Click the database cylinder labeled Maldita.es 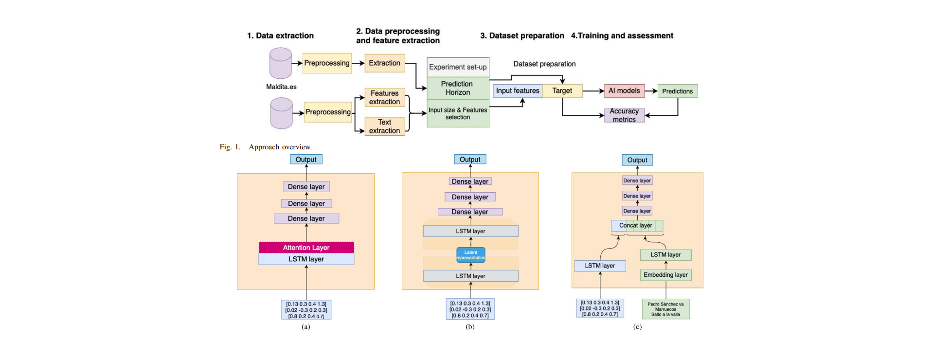(281, 63)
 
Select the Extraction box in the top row (384, 63)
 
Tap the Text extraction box (384, 126)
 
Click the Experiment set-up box (458, 67)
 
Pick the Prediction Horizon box (458, 88)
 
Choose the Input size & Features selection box (458, 113)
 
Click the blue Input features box (518, 91)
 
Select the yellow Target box (562, 91)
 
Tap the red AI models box (624, 91)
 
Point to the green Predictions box (678, 91)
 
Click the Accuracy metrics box (624, 115)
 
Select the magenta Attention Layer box (306, 248)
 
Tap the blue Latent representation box (470, 255)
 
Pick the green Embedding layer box (665, 275)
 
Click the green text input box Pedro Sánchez (665, 309)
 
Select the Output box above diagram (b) (470, 160)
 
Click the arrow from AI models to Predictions (651, 91)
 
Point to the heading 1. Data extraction (280, 36)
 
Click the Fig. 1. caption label (230, 147)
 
